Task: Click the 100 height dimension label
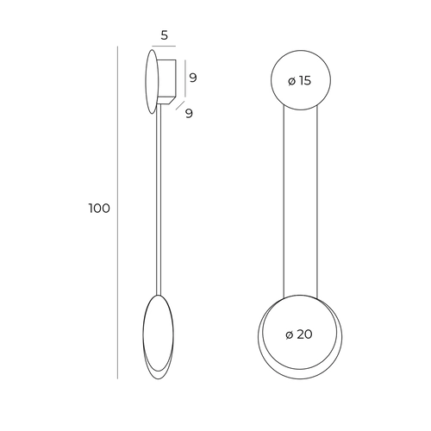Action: point(99,209)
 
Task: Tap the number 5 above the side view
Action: point(165,35)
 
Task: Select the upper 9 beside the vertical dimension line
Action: point(193,78)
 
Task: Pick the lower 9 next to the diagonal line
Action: point(189,114)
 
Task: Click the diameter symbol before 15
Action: point(291,81)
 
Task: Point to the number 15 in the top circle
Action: point(305,81)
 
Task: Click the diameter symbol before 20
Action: point(290,334)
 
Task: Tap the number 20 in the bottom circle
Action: point(304,334)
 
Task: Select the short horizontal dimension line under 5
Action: point(164,46)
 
